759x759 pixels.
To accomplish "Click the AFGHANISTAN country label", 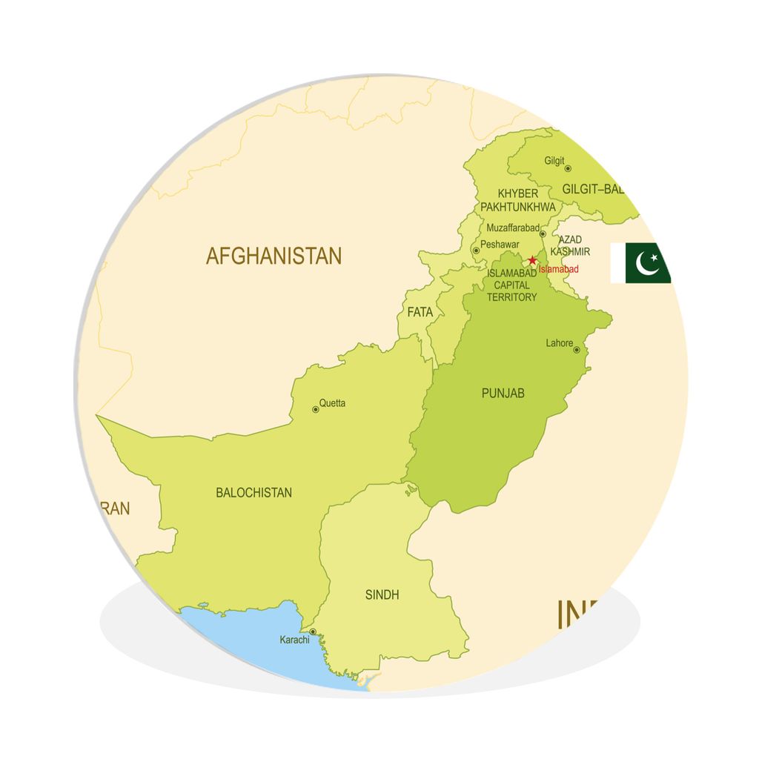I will click(274, 256).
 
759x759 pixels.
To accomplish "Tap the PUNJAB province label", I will click(503, 393).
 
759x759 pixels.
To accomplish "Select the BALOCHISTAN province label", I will click(253, 492).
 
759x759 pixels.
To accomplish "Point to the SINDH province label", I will click(382, 594).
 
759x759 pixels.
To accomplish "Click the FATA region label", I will click(420, 312).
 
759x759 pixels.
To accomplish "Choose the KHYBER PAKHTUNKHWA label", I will click(517, 200).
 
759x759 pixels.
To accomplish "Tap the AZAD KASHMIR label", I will click(574, 245).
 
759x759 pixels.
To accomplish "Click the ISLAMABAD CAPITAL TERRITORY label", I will click(511, 285).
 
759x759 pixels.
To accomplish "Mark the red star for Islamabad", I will click(532, 260).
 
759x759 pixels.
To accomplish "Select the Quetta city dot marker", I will click(315, 409).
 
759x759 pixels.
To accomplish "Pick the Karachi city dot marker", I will click(313, 632).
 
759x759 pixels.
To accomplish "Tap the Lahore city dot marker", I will click(577, 350).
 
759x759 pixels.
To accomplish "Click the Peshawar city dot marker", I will click(476, 251).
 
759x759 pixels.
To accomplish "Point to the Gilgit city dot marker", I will click(569, 169).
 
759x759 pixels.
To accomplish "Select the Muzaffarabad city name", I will click(512, 228).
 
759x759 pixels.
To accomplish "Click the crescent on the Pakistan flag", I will click(647, 263).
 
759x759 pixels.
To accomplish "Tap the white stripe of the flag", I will click(617, 262).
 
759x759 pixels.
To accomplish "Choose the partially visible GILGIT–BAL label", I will click(594, 189).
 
